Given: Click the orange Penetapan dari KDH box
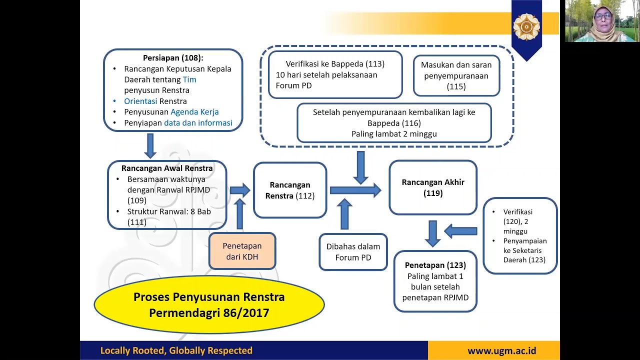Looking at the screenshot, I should click(x=242, y=251).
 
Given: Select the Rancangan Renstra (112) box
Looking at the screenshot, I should click(x=290, y=190).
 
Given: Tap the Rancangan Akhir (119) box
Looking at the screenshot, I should click(x=433, y=187).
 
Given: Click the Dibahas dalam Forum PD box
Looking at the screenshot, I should click(x=353, y=252).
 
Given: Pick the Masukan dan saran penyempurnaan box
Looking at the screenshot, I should click(x=456, y=75).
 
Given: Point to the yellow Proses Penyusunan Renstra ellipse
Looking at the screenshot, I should click(x=209, y=304).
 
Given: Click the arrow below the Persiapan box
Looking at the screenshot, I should click(x=150, y=145).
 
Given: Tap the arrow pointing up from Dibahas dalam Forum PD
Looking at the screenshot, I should click(x=344, y=213).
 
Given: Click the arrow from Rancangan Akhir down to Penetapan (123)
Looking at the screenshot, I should click(x=433, y=233).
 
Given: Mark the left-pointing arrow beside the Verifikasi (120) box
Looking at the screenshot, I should click(x=460, y=231).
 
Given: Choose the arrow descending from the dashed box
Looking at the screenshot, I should click(x=360, y=167).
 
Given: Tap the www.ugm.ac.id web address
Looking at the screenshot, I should click(x=501, y=350).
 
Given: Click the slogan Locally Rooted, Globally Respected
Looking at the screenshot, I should click(x=176, y=350).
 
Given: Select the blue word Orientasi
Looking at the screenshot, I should click(x=140, y=101).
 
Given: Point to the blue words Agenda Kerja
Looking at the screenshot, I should click(x=194, y=112).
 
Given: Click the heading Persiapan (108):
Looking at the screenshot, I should click(x=173, y=58).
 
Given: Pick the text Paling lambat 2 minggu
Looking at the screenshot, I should click(x=394, y=134).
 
